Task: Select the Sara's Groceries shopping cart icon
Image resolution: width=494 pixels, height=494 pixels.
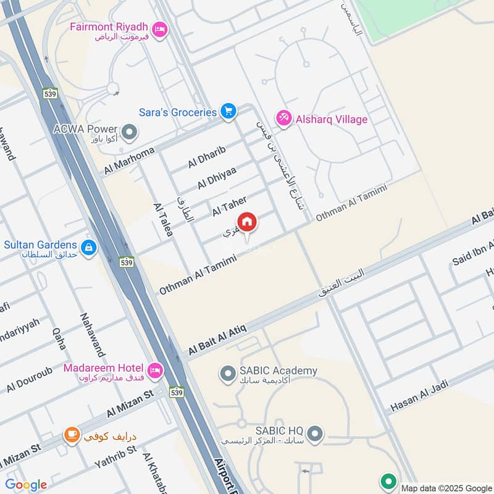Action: click(229, 112)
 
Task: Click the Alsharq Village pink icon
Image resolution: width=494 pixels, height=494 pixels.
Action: click(283, 119)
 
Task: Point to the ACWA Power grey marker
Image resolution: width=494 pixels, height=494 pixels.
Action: click(130, 132)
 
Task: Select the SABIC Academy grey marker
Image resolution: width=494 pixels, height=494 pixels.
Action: click(228, 373)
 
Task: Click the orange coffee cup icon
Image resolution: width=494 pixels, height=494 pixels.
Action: click(72, 435)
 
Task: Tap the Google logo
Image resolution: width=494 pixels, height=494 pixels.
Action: click(26, 485)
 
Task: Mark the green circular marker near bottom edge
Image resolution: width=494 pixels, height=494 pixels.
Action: click(388, 480)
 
